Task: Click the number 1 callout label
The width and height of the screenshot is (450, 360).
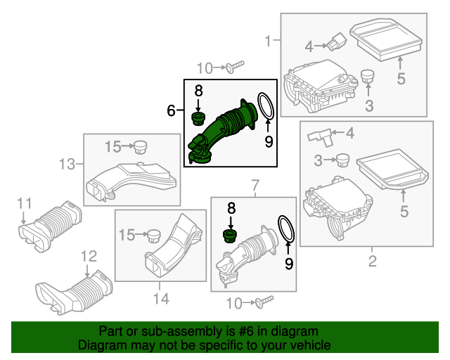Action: [x=267, y=42]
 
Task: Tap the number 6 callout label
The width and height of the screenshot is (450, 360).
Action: [x=171, y=110]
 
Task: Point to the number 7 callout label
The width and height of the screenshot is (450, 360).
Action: [x=255, y=185]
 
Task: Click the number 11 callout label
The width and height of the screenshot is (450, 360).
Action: [x=25, y=204]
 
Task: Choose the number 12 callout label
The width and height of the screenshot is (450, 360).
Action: [x=87, y=256]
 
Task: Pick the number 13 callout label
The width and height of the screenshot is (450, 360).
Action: [x=66, y=165]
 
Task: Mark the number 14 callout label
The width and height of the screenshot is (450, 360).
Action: [x=161, y=299]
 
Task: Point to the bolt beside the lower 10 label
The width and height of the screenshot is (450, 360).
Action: [x=262, y=302]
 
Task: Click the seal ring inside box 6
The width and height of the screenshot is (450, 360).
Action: [x=265, y=106]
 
